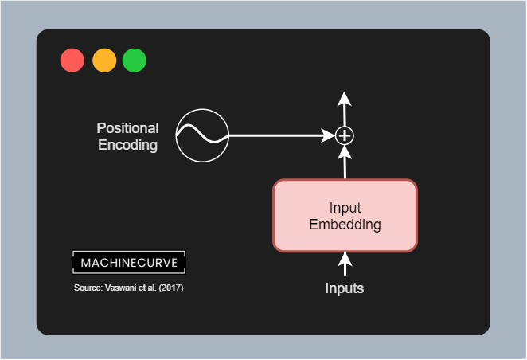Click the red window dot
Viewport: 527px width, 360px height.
pyautogui.click(x=72, y=61)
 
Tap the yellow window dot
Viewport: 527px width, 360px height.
pyautogui.click(x=104, y=61)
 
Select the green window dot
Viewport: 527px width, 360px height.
pyautogui.click(x=135, y=61)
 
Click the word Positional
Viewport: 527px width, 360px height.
pyautogui.click(x=127, y=128)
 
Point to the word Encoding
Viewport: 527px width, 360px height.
pyautogui.click(x=127, y=145)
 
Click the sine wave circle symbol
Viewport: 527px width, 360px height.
pyautogui.click(x=202, y=136)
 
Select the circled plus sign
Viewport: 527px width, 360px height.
pyautogui.click(x=344, y=136)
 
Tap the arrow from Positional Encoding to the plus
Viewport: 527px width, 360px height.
pyautogui.click(x=279, y=136)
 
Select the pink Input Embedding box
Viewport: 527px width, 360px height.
pyautogui.click(x=345, y=216)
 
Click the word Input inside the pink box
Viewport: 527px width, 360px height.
pyautogui.click(x=345, y=208)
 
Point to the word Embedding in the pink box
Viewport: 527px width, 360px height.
pyautogui.click(x=345, y=225)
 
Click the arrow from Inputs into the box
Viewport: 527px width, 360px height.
pyautogui.click(x=345, y=264)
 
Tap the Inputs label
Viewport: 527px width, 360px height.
pyautogui.click(x=345, y=288)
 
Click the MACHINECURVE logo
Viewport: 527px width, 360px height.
pyautogui.click(x=129, y=262)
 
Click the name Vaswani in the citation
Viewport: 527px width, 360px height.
pyautogui.click(x=121, y=288)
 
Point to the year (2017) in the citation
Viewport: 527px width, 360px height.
pyautogui.click(x=170, y=288)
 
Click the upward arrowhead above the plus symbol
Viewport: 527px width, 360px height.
pyautogui.click(x=344, y=98)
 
